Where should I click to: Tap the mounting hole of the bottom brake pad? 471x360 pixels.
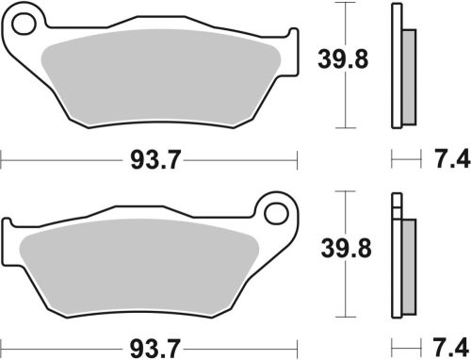[x=278, y=211]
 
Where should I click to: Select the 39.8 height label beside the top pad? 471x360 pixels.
[x=333, y=61]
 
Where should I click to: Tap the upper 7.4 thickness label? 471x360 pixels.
[x=451, y=162]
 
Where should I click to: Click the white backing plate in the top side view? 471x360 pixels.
[x=396, y=66]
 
